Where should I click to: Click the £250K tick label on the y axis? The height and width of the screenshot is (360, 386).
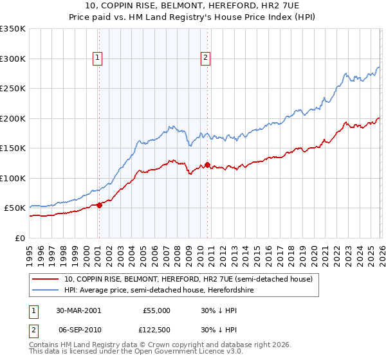13,89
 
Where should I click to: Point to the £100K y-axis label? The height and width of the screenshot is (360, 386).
13,178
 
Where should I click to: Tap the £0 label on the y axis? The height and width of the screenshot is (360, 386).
19,238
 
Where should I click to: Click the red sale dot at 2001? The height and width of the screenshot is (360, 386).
100,205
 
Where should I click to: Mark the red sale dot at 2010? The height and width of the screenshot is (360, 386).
207,165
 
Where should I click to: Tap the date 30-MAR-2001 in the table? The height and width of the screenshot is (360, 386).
78,310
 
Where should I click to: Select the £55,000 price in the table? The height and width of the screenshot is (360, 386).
156,310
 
